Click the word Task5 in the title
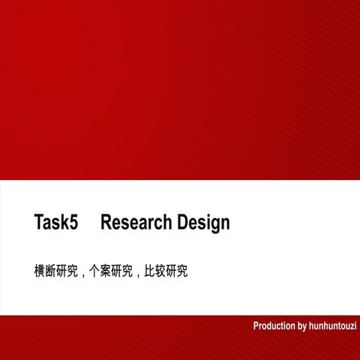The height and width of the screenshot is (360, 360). [56, 223]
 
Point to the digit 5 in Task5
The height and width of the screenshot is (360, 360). [73, 223]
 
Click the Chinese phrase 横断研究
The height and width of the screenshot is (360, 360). [56, 271]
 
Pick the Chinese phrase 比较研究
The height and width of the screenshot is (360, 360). [166, 271]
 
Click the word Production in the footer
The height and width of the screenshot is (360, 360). [274, 326]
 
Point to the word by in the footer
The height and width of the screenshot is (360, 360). [302, 326]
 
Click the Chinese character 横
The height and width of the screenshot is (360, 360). [40, 271]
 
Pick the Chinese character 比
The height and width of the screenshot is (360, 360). [149, 271]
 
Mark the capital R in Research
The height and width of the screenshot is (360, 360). [106, 223]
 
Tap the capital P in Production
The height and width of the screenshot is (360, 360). [256, 326]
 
